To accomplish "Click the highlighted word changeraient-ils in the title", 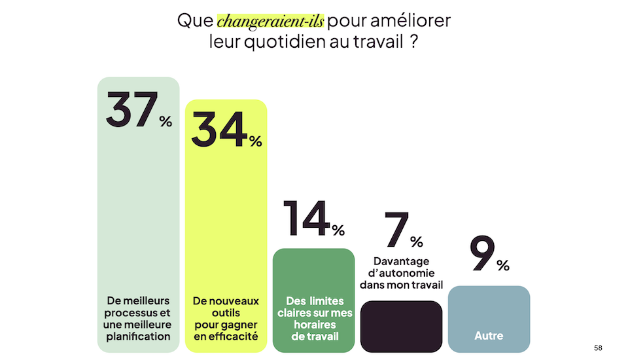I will (x=270, y=21).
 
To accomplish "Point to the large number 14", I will (x=306, y=219).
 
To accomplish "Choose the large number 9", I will (x=481, y=253).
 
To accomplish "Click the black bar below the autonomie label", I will (x=401, y=326).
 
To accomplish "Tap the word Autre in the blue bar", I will (x=489, y=336).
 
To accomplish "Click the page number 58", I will (x=598, y=348).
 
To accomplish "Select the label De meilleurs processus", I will (x=138, y=319).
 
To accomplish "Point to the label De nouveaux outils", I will (x=226, y=319).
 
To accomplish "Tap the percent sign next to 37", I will (x=166, y=121).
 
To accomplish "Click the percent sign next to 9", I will (x=502, y=265).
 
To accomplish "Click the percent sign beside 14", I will (x=338, y=230).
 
